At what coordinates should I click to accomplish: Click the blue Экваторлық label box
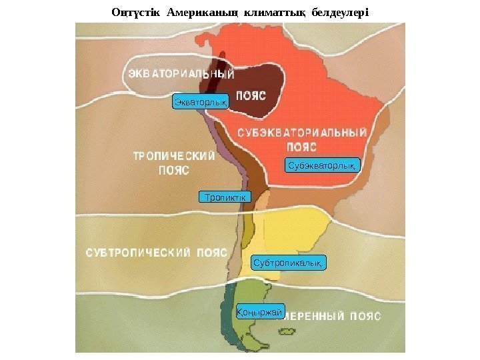point(201,101)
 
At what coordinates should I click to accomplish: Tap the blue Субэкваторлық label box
point(323,165)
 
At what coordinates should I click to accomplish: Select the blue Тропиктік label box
point(224,197)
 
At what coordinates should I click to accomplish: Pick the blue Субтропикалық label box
point(289,263)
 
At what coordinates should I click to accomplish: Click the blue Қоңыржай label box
point(261,311)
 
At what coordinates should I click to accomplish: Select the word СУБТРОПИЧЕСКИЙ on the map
point(138,253)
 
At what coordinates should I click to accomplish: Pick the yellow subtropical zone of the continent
point(293,230)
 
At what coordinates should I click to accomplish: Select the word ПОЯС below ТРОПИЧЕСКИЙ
point(173,171)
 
